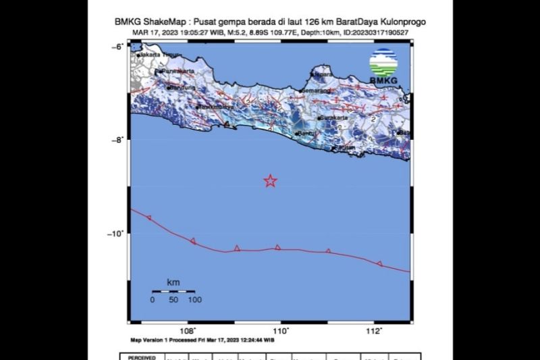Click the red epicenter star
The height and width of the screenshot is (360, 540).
[x=270, y=180]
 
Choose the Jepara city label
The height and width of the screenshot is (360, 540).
[x=325, y=74]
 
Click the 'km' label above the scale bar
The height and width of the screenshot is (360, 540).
[x=173, y=281]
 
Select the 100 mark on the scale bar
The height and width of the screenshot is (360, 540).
[x=194, y=299]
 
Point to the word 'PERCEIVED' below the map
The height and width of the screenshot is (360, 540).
[x=142, y=357]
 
